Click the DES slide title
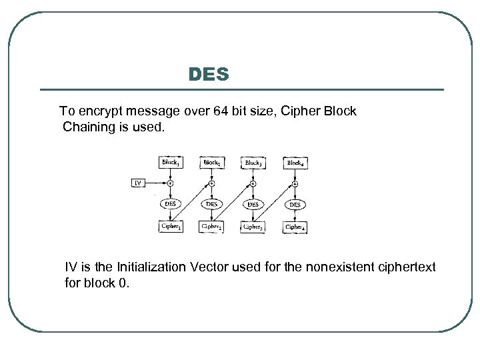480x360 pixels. coord(209,74)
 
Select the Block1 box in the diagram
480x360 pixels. coord(170,162)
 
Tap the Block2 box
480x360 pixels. coord(211,162)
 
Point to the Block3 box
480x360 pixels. coord(253,162)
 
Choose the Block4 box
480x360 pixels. coord(294,162)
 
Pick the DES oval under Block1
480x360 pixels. coord(170,204)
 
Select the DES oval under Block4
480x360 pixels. coord(294,204)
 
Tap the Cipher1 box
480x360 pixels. coord(170,227)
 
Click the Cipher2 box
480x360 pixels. coord(211,227)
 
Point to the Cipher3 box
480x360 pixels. coord(253,227)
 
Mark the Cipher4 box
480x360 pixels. coord(294,227)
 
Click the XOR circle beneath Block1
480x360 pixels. coord(170,183)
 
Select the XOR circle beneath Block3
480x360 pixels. coord(253,183)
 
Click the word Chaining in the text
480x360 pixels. coord(87,127)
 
